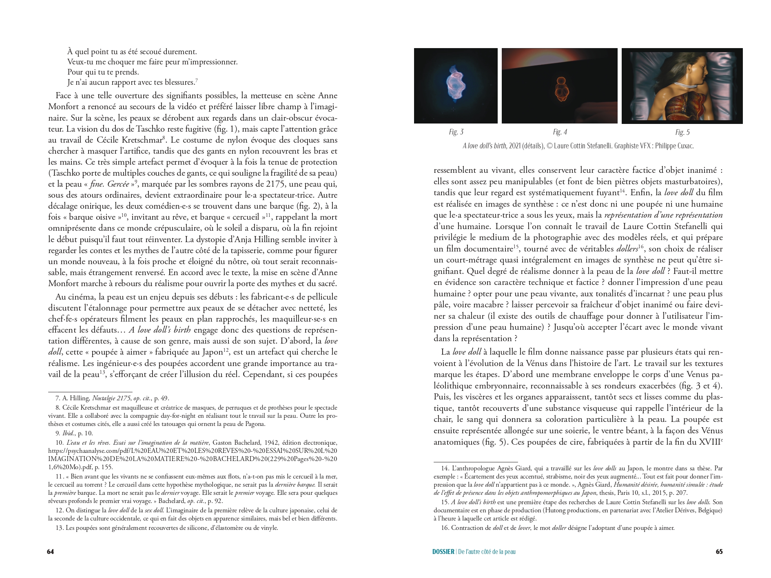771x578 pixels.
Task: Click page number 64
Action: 51,552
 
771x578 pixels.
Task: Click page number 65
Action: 719,552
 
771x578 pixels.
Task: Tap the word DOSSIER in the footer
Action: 443,552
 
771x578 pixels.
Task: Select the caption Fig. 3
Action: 456,132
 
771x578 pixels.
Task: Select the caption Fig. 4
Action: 560,132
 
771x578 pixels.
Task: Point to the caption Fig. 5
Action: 682,132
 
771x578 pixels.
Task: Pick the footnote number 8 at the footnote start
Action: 58,407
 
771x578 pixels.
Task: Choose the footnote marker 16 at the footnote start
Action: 445,528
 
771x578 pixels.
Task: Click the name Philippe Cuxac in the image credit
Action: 674,146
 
